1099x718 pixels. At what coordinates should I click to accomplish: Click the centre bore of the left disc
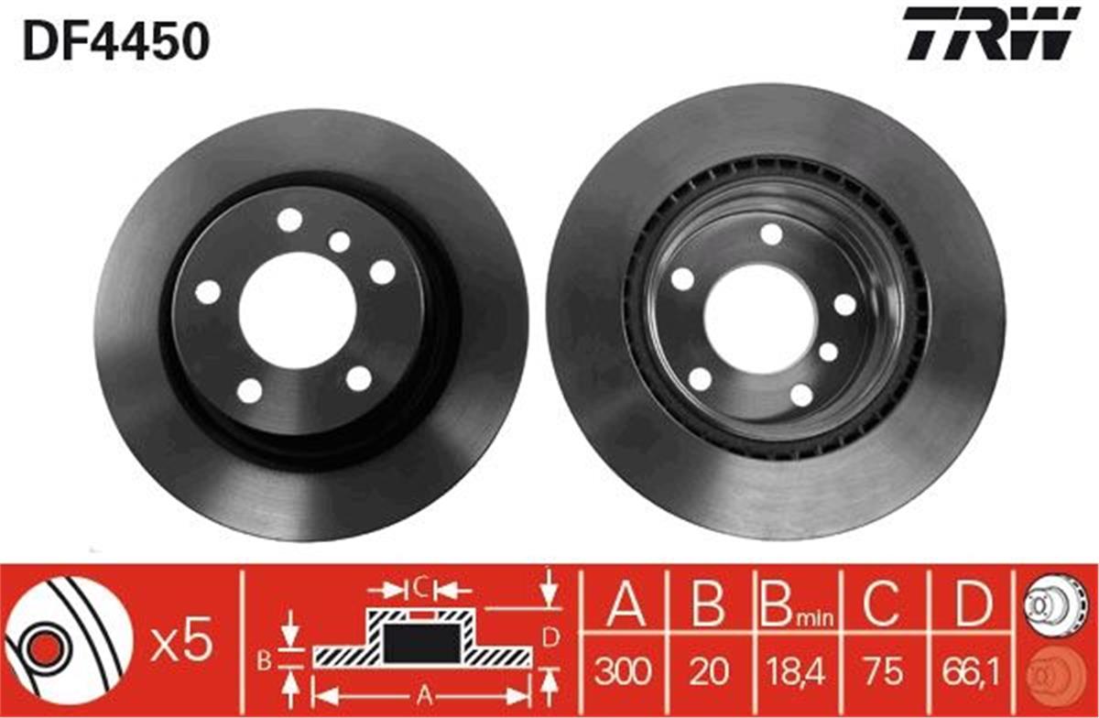click(x=297, y=308)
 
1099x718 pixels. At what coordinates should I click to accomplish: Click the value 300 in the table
click(x=624, y=672)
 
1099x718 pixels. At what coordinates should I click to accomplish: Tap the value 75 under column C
click(x=882, y=672)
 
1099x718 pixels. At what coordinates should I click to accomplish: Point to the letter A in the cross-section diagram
click(x=420, y=694)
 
